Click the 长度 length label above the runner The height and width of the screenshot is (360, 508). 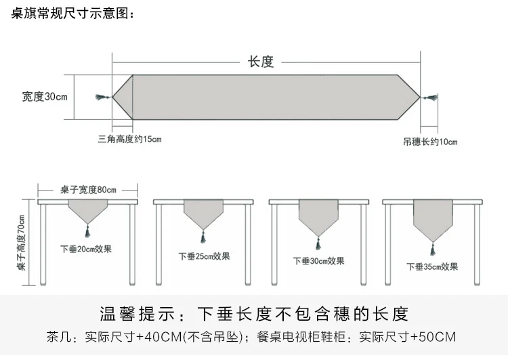tap(261, 62)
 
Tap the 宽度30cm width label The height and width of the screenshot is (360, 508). tap(45, 97)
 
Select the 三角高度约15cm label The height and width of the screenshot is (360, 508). tap(129, 139)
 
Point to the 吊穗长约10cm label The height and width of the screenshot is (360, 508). tap(430, 142)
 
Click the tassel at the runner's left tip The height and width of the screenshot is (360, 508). tap(103, 97)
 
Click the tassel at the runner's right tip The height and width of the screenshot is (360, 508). tap(429, 98)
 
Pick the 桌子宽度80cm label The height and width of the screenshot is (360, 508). tap(88, 190)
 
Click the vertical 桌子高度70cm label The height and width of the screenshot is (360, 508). tap(21, 243)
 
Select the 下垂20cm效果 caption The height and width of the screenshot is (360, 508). tap(86, 249)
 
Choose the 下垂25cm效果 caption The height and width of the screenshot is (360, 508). tap(204, 256)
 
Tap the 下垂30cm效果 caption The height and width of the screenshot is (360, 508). tap(319, 261)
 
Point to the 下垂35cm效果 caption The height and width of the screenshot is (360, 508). tap(432, 267)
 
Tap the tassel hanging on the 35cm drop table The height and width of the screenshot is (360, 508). tap(433, 249)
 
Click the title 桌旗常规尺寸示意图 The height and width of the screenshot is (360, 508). tap(70, 14)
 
